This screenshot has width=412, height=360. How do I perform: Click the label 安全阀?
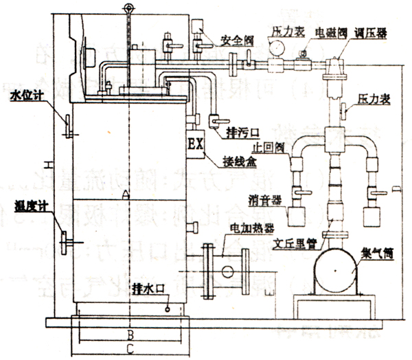[x=236, y=41]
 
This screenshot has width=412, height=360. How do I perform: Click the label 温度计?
[x=27, y=204]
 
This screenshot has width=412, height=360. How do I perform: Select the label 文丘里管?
[x=294, y=243]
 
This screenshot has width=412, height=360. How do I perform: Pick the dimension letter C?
[x=130, y=350]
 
